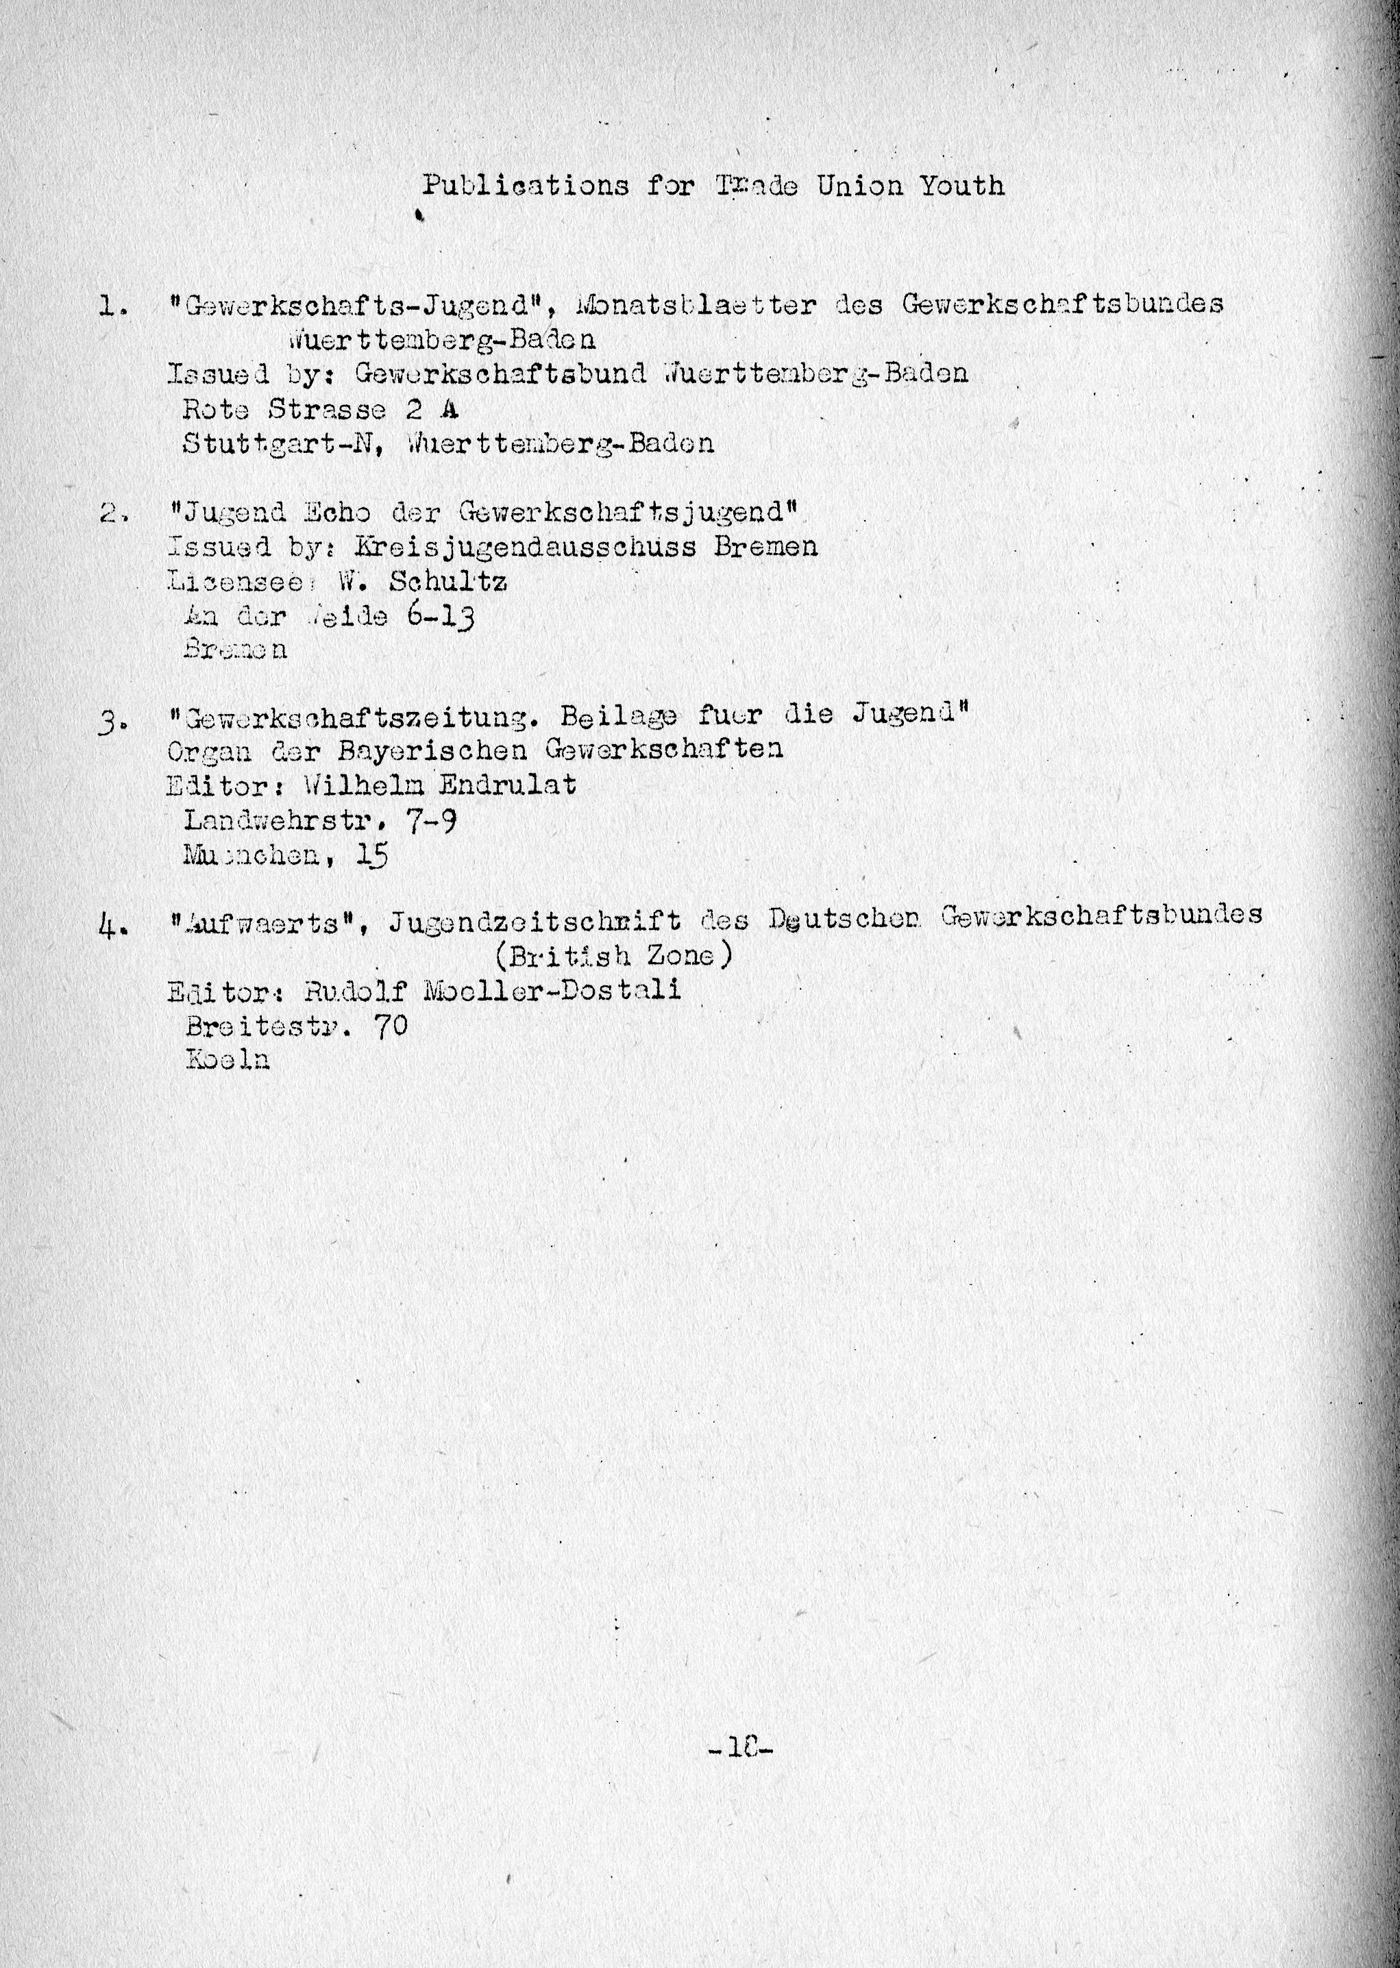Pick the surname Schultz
pyautogui.click(x=448, y=582)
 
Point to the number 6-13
pyautogui.click(x=439, y=617)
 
